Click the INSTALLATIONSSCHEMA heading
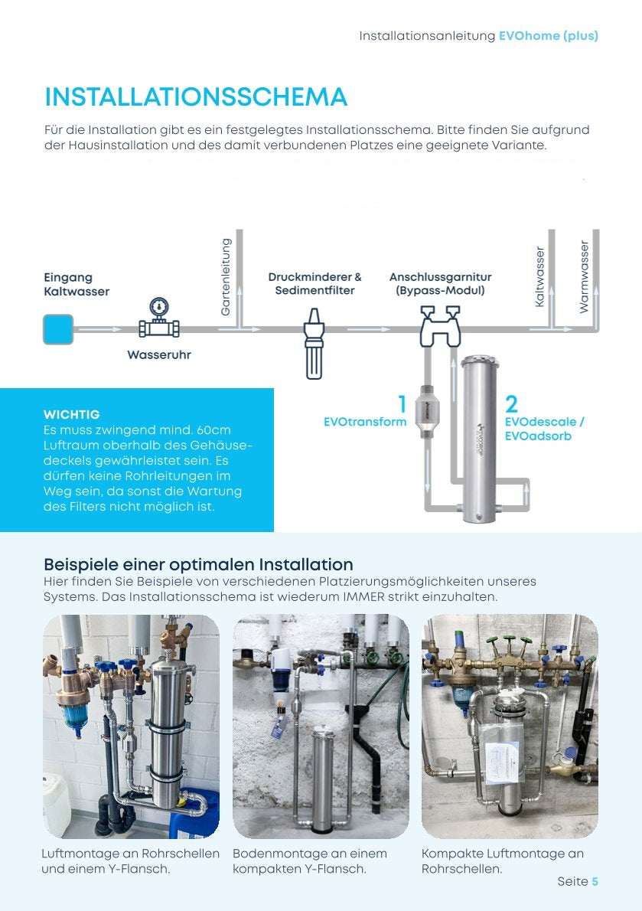(196, 97)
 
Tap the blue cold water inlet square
(58, 329)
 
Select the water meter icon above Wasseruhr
(159, 318)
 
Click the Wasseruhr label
(159, 355)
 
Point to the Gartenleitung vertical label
(226, 277)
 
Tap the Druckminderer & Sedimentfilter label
(314, 283)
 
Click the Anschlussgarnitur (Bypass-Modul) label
(440, 283)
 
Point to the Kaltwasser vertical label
(539, 277)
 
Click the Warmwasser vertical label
(585, 276)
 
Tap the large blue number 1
(402, 404)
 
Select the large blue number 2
(511, 404)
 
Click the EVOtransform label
(365, 422)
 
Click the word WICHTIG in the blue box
(72, 414)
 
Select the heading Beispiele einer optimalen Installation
(198, 565)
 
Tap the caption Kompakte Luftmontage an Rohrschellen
(503, 861)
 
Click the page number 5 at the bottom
(595, 882)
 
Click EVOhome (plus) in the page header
(549, 36)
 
